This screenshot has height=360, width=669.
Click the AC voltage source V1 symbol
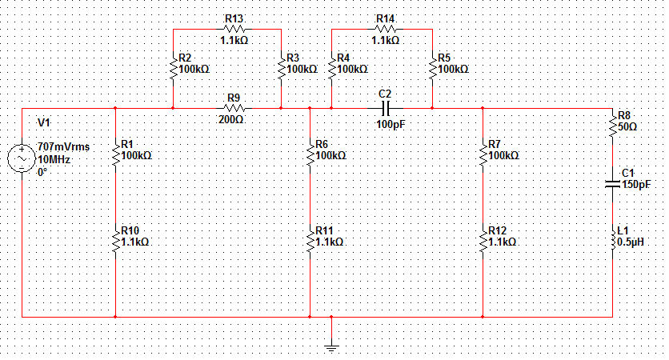22,158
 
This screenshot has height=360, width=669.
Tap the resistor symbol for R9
233,108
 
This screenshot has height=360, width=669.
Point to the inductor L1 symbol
614,238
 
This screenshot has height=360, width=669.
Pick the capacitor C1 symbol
614,184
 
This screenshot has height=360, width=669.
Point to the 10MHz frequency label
55,159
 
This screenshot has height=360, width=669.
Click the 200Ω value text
231,120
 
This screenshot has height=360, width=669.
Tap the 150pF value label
636,185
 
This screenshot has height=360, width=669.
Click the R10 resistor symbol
116,238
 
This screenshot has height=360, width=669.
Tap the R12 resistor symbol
483,238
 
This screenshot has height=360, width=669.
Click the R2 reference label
185,58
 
